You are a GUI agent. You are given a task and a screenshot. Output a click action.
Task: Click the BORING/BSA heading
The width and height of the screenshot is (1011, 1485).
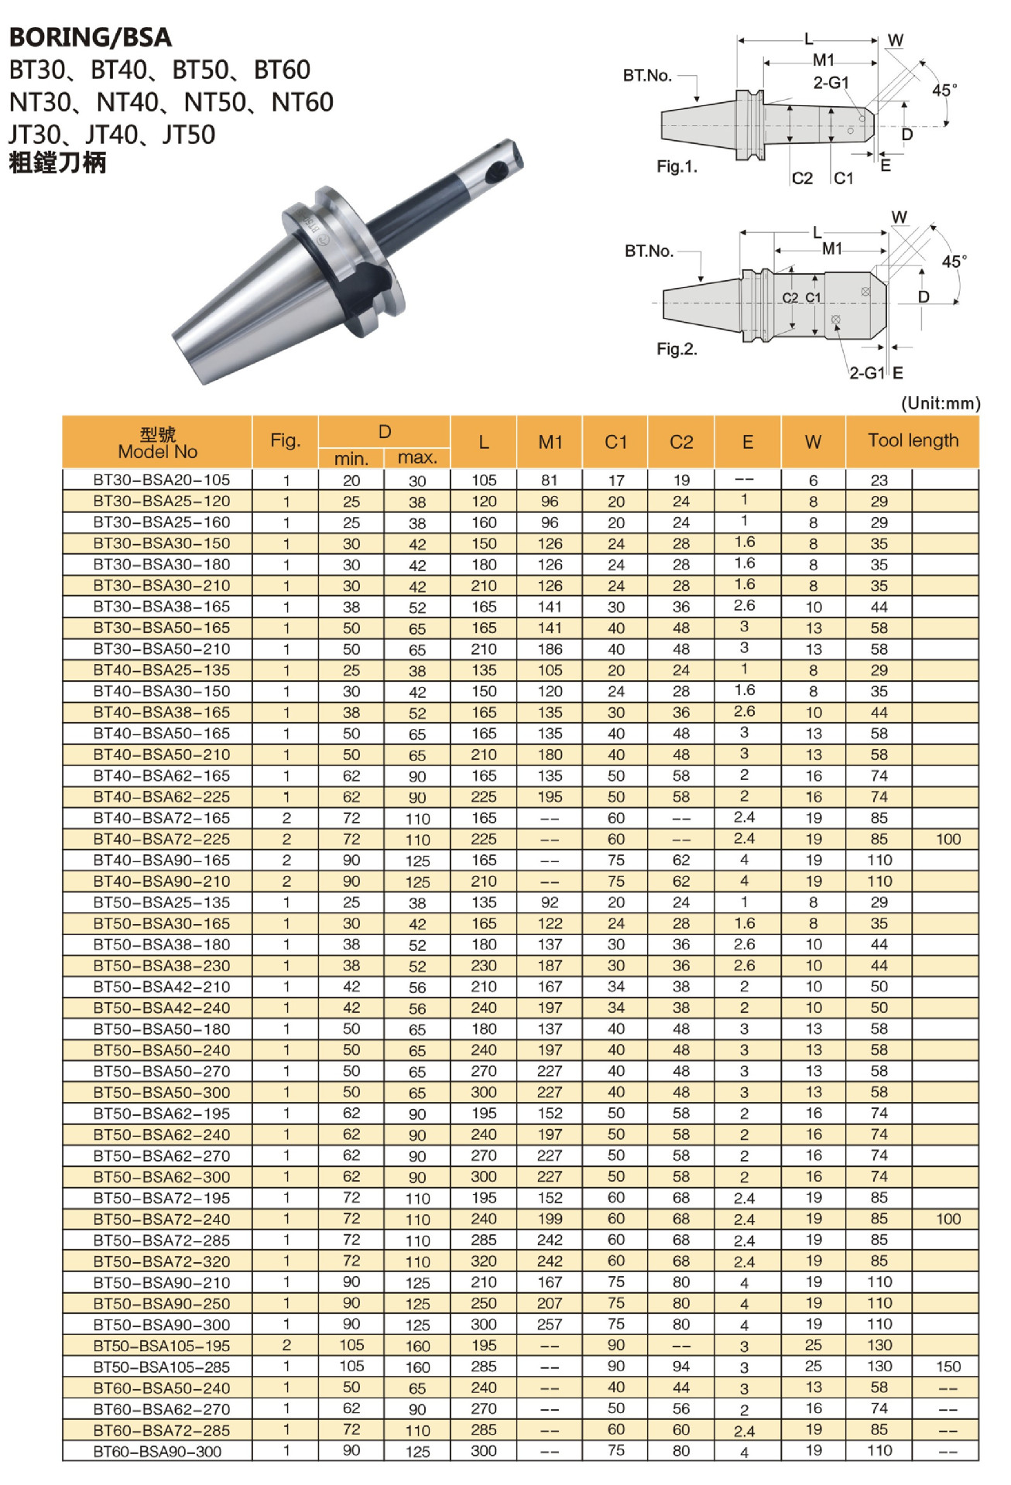91,37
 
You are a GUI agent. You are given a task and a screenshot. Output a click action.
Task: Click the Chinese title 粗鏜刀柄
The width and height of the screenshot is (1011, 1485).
57,163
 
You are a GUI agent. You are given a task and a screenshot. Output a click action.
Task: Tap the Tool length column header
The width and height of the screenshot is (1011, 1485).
912,440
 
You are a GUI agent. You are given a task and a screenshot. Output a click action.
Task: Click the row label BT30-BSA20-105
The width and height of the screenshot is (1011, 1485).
161,480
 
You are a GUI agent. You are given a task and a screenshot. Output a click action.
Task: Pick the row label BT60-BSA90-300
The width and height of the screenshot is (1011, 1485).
157,1452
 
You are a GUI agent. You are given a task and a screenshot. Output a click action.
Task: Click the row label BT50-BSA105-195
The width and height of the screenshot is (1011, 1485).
161,1346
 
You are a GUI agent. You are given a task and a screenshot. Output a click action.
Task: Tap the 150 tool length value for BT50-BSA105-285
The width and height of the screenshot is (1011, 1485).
948,1367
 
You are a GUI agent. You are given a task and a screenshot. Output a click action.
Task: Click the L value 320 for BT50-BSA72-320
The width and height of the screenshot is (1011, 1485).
484,1261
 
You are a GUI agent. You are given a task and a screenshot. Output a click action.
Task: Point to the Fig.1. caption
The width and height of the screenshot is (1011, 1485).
677,166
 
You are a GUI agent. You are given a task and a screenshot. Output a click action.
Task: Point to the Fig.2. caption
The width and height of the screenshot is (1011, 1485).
677,349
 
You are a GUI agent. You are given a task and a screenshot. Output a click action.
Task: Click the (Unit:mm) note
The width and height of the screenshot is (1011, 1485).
940,403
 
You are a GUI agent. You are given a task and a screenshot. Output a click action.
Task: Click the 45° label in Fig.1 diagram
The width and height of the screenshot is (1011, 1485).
944,90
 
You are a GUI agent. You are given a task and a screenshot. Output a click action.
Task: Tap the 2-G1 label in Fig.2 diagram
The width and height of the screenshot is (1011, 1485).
866,373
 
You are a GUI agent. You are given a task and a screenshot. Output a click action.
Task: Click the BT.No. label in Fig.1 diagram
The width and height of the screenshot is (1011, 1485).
647,75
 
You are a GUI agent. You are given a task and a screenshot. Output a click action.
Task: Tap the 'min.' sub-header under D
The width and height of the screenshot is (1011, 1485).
351,458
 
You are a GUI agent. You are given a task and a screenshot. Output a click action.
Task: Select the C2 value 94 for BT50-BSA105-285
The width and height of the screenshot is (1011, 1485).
680,1367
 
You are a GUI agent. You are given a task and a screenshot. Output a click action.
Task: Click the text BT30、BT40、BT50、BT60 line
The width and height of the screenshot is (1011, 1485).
160,70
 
